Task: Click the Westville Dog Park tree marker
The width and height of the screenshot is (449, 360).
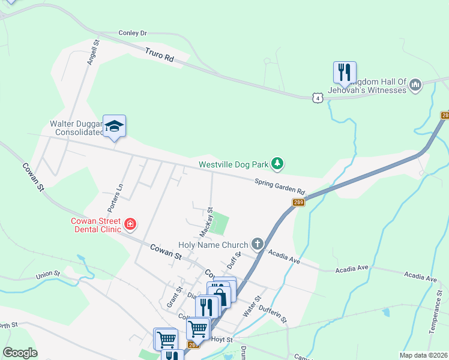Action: point(277,163)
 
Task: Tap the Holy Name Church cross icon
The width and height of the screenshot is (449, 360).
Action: point(258,244)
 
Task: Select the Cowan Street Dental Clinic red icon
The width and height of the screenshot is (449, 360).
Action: point(130,226)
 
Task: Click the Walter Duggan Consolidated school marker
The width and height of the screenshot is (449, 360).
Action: point(114,126)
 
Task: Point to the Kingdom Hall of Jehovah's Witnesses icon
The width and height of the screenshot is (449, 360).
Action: point(415,85)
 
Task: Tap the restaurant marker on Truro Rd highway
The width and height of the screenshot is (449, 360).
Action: point(345,73)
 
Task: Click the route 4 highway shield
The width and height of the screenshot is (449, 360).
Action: point(318,97)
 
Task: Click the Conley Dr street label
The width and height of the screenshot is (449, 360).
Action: point(133,33)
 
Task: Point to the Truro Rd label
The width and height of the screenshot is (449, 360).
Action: point(160,56)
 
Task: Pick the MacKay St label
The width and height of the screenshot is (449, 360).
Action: point(206,221)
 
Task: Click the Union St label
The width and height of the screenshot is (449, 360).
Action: point(49,275)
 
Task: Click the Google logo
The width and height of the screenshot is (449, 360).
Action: point(20,353)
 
